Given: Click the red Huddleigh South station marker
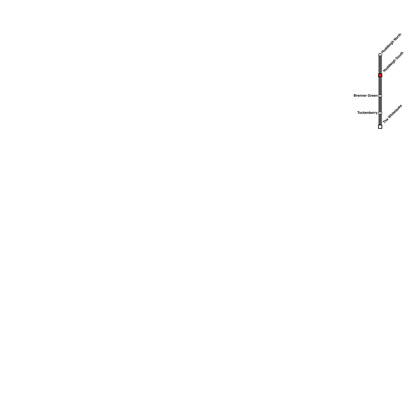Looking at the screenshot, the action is (380, 75).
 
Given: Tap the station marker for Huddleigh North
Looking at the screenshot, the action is (380, 55).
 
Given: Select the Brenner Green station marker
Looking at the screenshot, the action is (380, 96).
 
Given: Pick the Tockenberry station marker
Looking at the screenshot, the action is (380, 113).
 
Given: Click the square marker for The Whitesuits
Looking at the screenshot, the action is (380, 127).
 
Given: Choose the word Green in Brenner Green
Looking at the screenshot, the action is (373, 96).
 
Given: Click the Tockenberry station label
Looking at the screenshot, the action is (367, 113).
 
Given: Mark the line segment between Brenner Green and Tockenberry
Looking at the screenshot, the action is (380, 105).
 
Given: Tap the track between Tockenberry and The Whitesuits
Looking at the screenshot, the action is (380, 119).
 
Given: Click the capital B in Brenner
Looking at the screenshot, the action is (355, 96).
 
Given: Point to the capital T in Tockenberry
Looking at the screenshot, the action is (358, 113).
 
